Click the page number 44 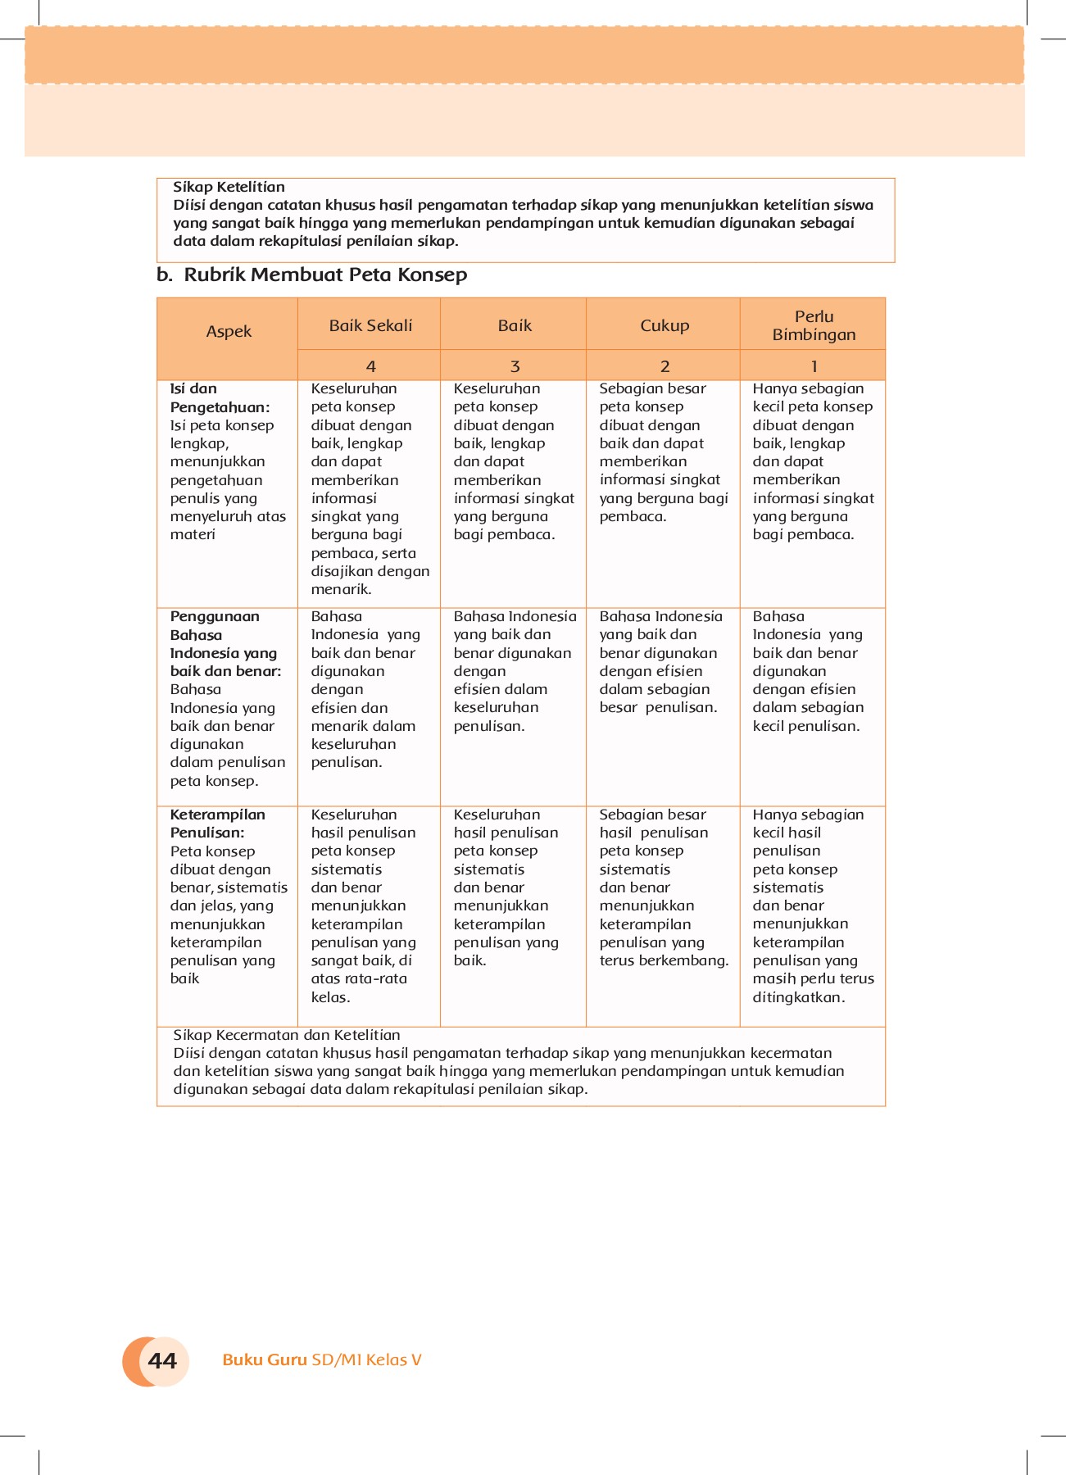pyautogui.click(x=162, y=1361)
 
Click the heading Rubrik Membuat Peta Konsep pyautogui.click(x=325, y=275)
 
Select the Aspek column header pyautogui.click(x=229, y=332)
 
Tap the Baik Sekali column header pyautogui.click(x=370, y=325)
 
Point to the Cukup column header pyautogui.click(x=665, y=325)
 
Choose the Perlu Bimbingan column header pyautogui.click(x=814, y=325)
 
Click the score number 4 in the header pyautogui.click(x=370, y=366)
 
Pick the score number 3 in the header pyautogui.click(x=515, y=366)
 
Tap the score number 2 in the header pyautogui.click(x=665, y=366)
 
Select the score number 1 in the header pyautogui.click(x=814, y=366)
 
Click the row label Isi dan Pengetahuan pyautogui.click(x=220, y=398)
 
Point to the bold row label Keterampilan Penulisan pyautogui.click(x=217, y=824)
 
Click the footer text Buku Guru pyautogui.click(x=265, y=1360)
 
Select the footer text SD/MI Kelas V pyautogui.click(x=366, y=1360)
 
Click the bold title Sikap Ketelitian pyautogui.click(x=229, y=187)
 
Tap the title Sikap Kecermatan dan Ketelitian pyautogui.click(x=287, y=1035)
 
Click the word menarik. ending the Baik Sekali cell pyautogui.click(x=341, y=589)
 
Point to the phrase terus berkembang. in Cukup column pyautogui.click(x=664, y=960)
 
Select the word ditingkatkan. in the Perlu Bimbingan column pyautogui.click(x=798, y=997)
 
